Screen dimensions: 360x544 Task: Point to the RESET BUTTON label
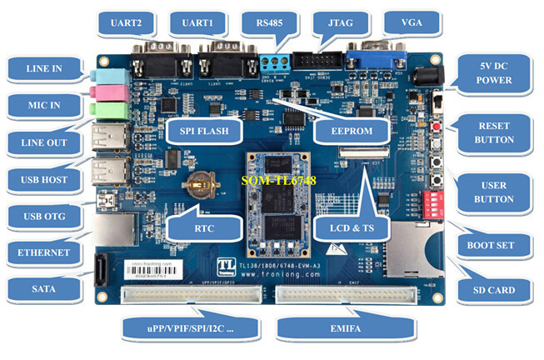494,132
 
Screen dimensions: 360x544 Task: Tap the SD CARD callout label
494,290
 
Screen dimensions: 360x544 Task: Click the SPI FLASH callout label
202,130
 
